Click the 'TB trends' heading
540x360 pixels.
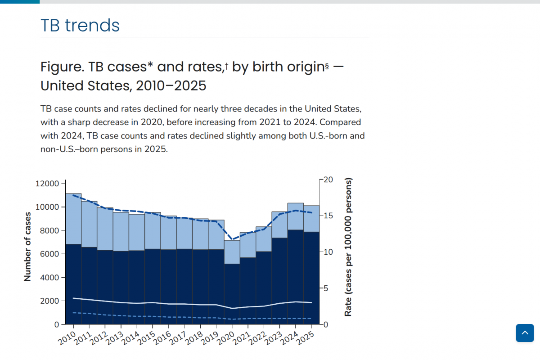80,26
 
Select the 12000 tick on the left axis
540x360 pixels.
47,184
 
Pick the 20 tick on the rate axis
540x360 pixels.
327,180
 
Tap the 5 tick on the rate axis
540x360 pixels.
327,288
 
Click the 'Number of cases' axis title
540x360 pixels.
27,247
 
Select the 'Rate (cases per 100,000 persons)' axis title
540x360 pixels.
348,247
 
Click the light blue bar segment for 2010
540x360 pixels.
73,219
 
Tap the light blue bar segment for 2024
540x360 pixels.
295,216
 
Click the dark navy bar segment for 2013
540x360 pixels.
121,288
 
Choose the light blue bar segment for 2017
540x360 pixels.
184,234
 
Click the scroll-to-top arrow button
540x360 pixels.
524,333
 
